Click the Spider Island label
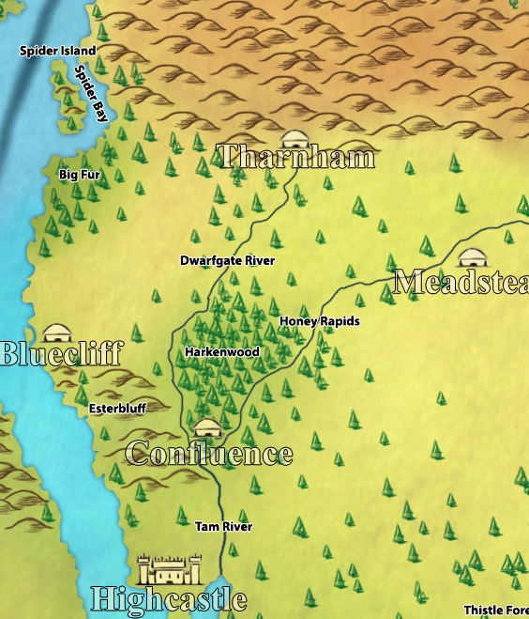click(x=57, y=51)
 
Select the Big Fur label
click(x=79, y=175)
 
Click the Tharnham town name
click(x=295, y=156)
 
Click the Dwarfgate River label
click(x=228, y=260)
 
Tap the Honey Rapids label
click(x=319, y=321)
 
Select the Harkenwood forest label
click(x=221, y=352)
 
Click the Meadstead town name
click(x=461, y=282)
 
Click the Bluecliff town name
click(x=61, y=354)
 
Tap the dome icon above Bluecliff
click(x=58, y=333)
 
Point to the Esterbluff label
click(x=118, y=409)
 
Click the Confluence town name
click(x=209, y=454)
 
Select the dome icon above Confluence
click(x=206, y=427)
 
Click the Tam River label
click(x=223, y=527)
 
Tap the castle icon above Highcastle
click(x=170, y=568)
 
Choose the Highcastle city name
click(x=169, y=598)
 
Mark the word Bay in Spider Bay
click(x=99, y=109)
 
